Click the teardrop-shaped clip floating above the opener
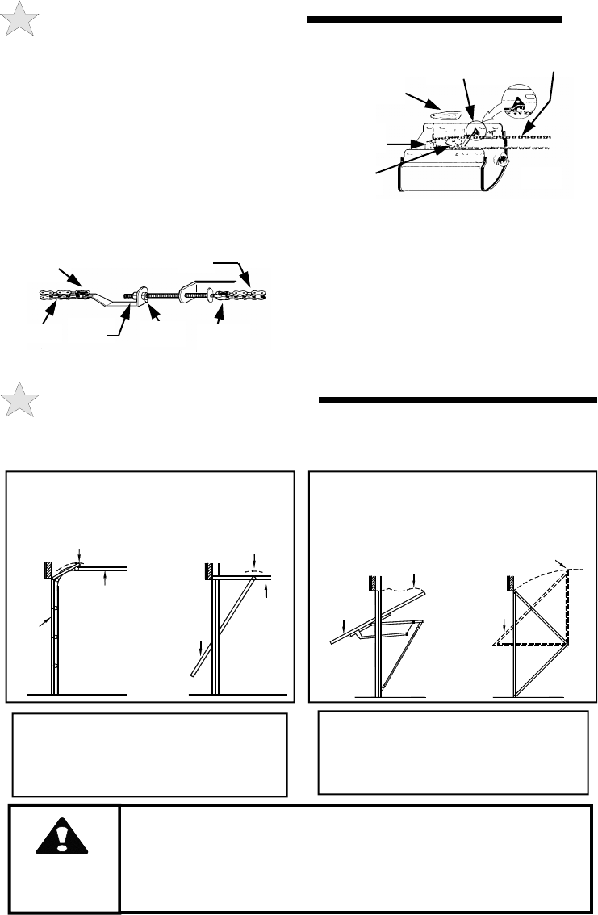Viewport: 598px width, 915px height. (441, 114)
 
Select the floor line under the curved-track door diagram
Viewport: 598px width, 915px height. (77, 693)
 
